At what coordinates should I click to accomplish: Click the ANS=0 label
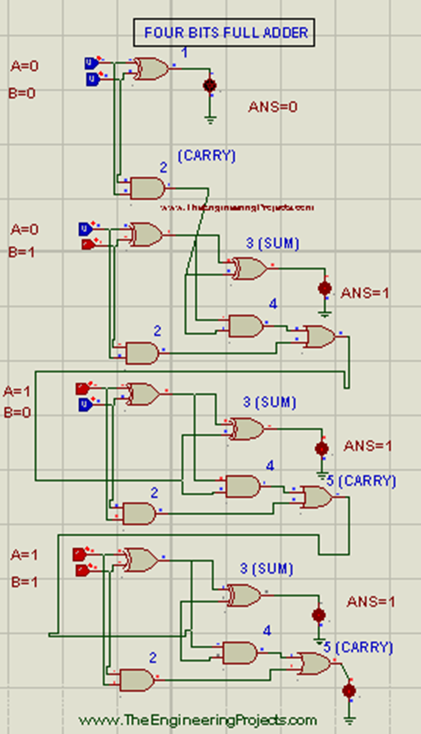pos(273,107)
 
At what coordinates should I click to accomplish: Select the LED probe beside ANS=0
pos(210,85)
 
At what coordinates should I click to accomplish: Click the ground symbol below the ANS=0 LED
pos(210,120)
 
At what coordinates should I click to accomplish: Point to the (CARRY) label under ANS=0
pos(206,156)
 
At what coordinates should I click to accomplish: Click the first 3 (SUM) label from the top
pos(273,243)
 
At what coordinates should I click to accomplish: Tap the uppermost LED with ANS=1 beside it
pos(325,289)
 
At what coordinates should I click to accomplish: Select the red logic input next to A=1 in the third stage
pos(83,388)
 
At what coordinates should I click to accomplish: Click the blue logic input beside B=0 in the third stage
pos(86,404)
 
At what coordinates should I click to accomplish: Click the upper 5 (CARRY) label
pos(361,480)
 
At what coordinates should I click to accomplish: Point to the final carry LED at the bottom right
pos(349,691)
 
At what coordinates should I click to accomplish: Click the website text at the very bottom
pos(197,720)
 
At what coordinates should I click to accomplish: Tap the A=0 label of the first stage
pos(25,66)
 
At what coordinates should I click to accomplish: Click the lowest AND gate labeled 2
pos(137,680)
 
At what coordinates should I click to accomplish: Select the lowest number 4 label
pos(267,630)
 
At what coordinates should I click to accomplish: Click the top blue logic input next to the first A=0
pos(91,63)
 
